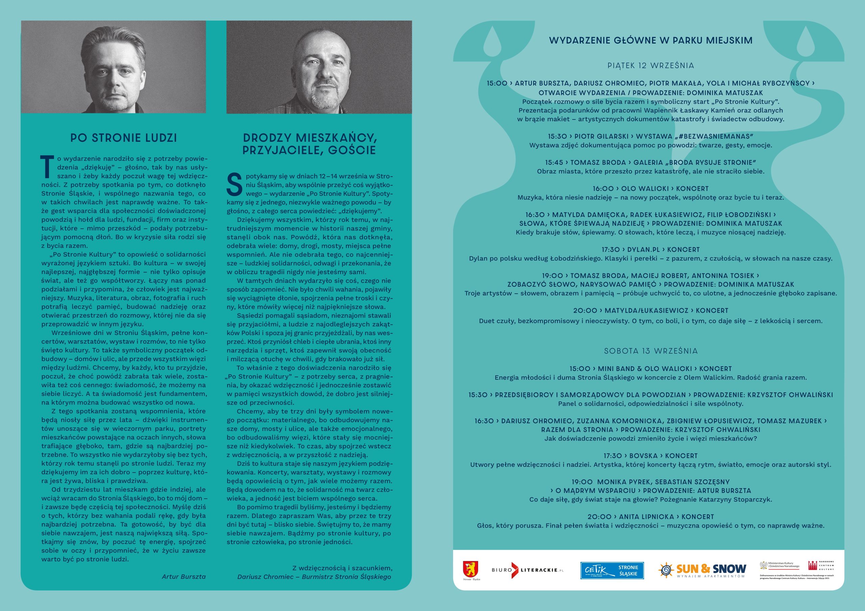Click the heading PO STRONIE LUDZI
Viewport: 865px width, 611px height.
pos(124,138)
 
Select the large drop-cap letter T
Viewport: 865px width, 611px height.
pos(47,167)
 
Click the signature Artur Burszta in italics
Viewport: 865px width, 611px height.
pos(183,576)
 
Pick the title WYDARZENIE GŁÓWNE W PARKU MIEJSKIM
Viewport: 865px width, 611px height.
pos(651,41)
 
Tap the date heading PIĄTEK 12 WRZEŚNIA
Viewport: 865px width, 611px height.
pos(651,65)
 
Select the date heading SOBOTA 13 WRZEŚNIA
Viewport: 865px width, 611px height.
pos(651,351)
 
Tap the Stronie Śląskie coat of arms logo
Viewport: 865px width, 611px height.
pos(471,569)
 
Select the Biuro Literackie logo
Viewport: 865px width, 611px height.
pos(527,570)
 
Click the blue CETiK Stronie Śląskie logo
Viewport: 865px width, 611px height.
pos(612,570)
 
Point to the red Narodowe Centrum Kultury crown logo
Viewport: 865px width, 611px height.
pos(813,565)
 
